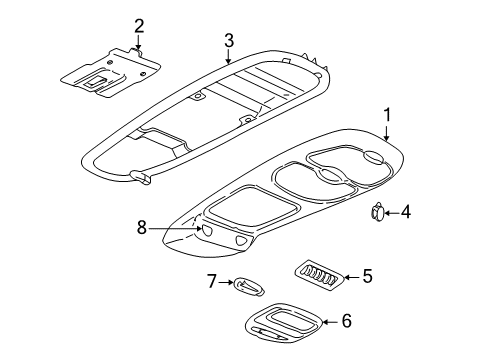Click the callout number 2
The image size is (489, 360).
click(x=139, y=25)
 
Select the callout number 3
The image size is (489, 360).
click(x=229, y=40)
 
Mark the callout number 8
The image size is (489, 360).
click(x=143, y=229)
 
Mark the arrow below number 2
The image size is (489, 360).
click(x=139, y=42)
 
